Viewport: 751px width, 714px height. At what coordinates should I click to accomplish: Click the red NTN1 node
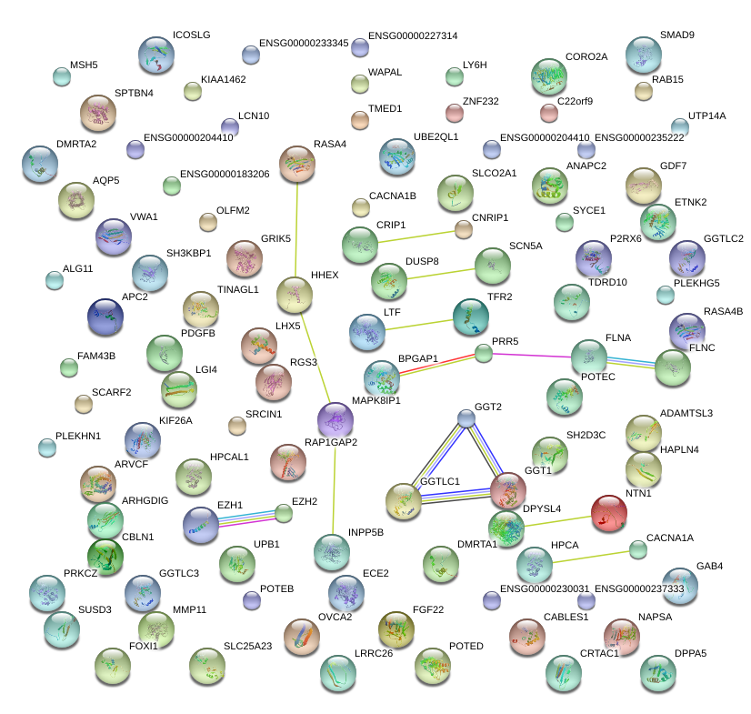pyautogui.click(x=610, y=514)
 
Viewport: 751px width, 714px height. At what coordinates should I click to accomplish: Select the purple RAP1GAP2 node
pyautogui.click(x=335, y=419)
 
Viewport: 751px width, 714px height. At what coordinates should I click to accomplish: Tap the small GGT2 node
pyautogui.click(x=466, y=417)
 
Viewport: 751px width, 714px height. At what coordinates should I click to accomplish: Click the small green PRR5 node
pyautogui.click(x=484, y=353)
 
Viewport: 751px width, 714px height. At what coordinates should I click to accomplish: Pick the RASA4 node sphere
pyautogui.click(x=297, y=164)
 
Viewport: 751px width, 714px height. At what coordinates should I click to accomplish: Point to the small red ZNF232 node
pyautogui.click(x=455, y=113)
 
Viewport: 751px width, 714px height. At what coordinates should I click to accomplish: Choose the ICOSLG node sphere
pyautogui.click(x=156, y=55)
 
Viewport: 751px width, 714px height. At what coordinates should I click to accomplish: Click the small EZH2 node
pyautogui.click(x=284, y=514)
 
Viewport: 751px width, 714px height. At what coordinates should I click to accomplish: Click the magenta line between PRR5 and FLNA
pyautogui.click(x=527, y=356)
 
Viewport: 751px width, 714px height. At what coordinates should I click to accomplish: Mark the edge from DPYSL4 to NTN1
pyautogui.click(x=557, y=519)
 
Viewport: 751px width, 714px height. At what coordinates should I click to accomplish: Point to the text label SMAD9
pyautogui.click(x=677, y=35)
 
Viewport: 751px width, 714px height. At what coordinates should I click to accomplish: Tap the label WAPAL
pyautogui.click(x=385, y=72)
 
